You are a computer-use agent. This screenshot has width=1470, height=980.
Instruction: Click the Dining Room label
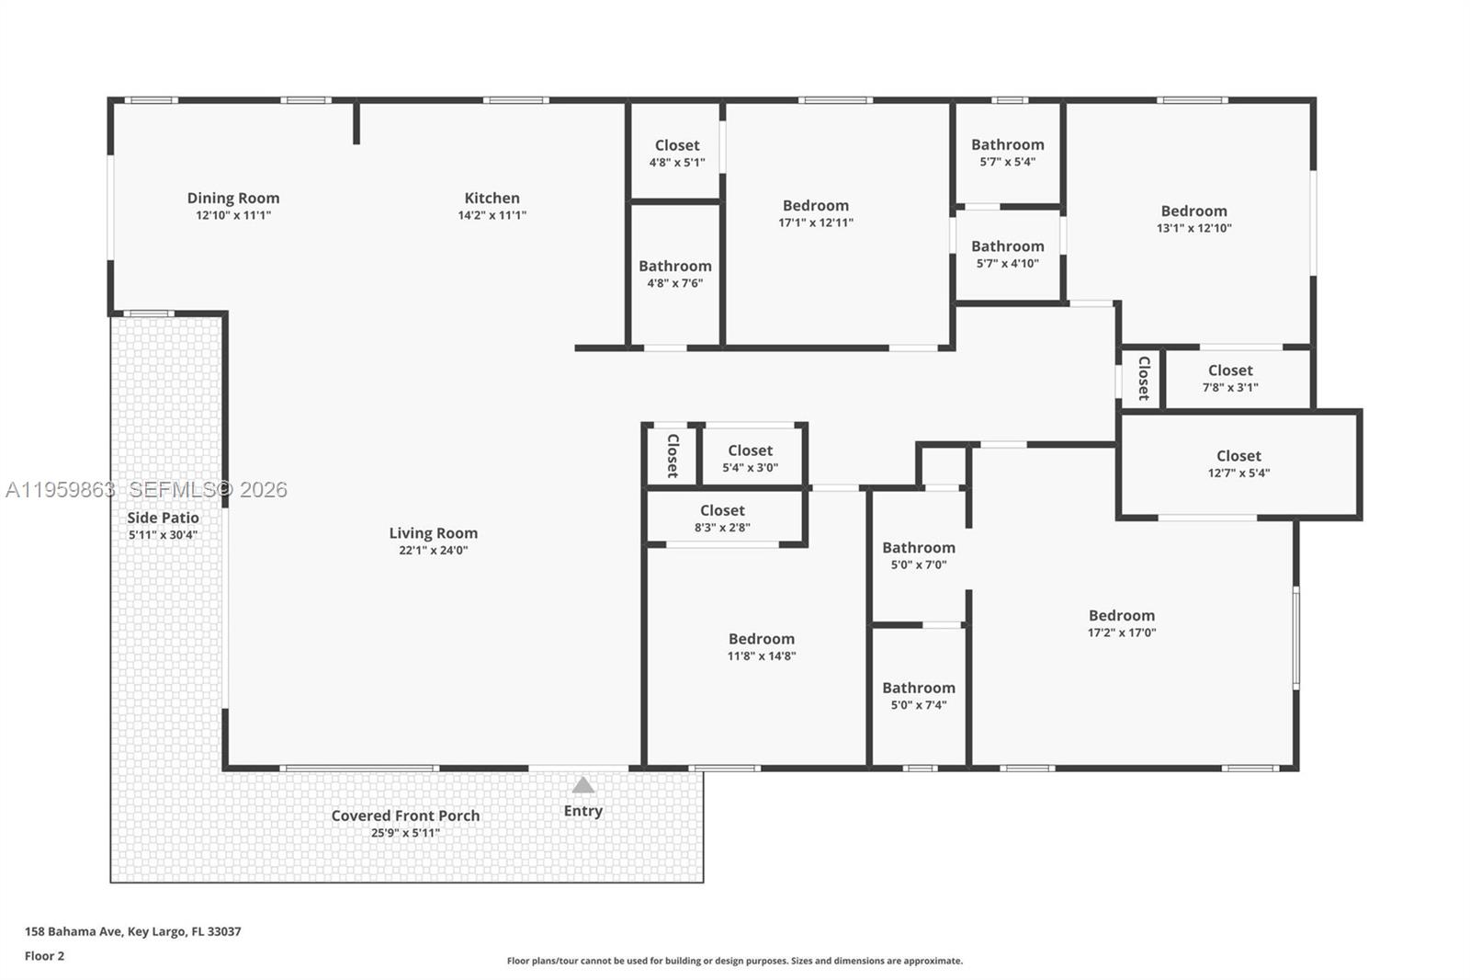(x=233, y=198)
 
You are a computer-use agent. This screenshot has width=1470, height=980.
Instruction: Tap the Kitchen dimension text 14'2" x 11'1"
(x=492, y=215)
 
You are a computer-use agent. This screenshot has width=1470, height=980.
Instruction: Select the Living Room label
(x=433, y=533)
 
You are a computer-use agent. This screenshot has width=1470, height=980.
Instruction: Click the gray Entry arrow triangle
(x=583, y=785)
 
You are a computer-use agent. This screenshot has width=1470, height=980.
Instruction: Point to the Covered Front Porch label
(x=405, y=815)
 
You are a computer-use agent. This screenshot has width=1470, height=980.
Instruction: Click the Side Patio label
(x=163, y=518)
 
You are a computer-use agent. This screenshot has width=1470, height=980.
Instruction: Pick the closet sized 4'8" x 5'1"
(x=677, y=153)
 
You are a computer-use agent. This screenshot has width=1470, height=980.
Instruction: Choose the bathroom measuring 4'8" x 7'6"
(x=675, y=274)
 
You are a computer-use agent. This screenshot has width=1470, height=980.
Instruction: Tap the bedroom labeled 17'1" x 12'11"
(x=816, y=213)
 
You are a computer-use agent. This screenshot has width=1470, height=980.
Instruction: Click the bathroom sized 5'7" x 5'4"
(x=1008, y=152)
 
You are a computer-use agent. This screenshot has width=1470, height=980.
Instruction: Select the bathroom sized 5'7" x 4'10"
(x=1008, y=254)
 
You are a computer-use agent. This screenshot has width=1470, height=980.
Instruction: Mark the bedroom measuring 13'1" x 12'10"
(x=1193, y=219)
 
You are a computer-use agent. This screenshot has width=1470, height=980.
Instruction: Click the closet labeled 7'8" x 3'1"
(x=1230, y=378)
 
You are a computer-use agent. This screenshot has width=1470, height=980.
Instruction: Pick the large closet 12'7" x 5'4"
(x=1238, y=463)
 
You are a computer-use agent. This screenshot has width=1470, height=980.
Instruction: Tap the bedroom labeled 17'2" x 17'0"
(x=1122, y=623)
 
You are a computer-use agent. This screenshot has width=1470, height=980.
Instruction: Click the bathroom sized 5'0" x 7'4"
(x=919, y=696)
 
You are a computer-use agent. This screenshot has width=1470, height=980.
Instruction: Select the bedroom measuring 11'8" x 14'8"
(x=762, y=646)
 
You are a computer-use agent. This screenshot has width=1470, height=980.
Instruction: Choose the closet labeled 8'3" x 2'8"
(x=722, y=518)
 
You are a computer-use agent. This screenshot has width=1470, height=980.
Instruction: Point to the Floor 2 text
(x=44, y=956)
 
